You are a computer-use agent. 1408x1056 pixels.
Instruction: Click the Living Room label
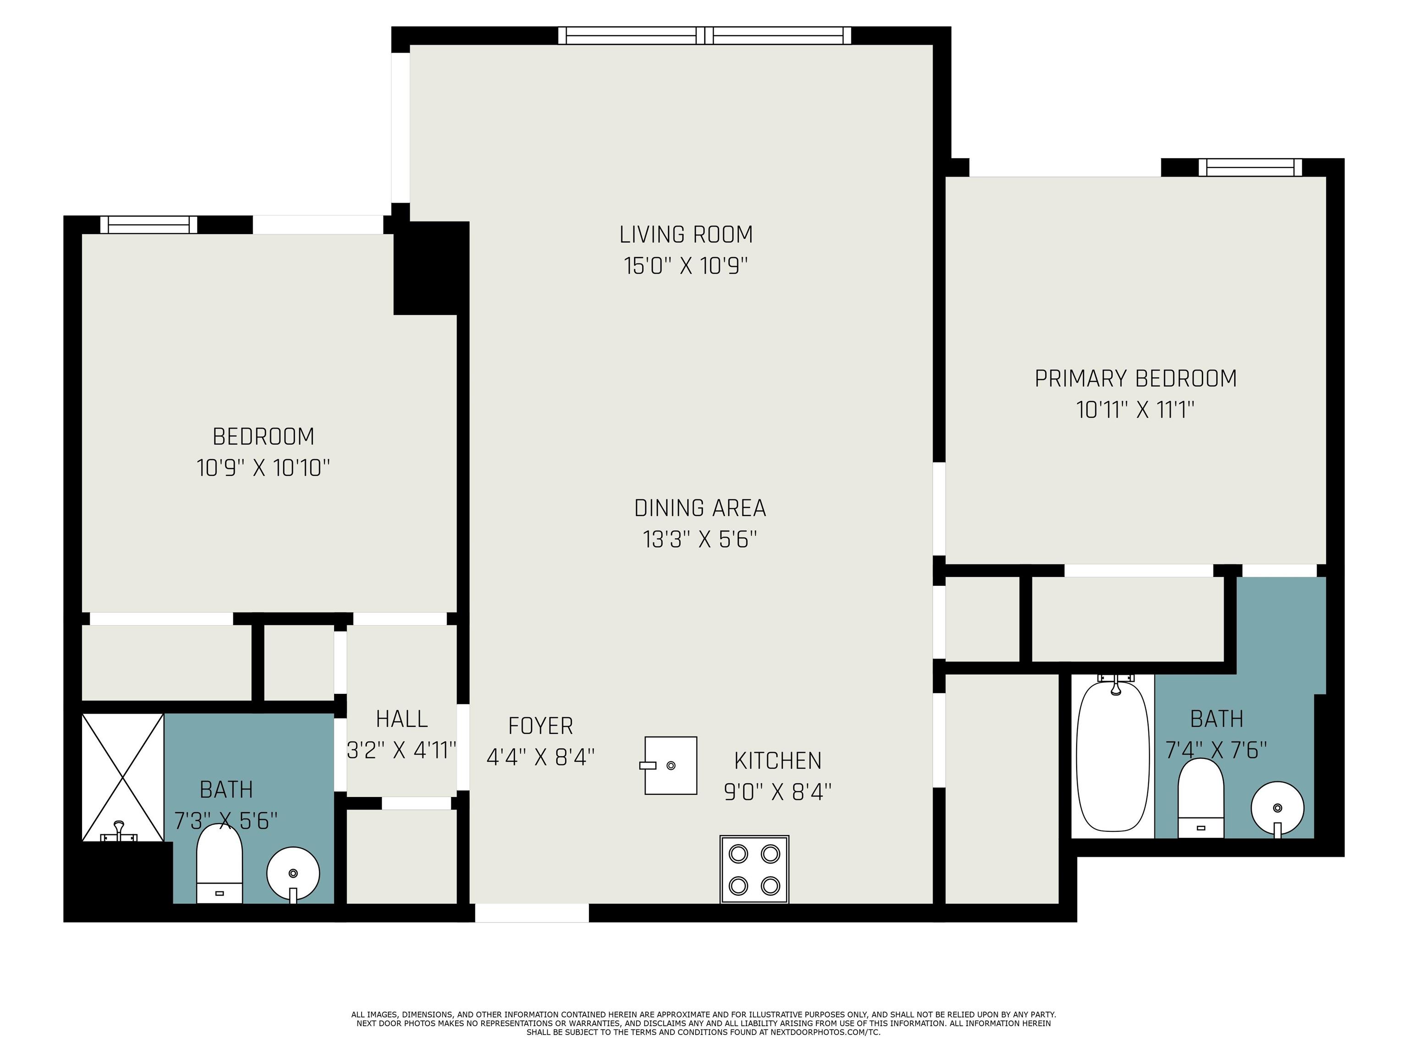(x=686, y=234)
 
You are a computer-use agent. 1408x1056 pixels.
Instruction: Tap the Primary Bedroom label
(x=1136, y=379)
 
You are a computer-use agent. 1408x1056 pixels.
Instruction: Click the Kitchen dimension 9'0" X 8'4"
(x=777, y=792)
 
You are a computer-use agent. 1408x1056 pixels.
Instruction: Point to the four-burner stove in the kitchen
(x=754, y=869)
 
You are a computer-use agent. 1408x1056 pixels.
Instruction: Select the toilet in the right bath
(x=1200, y=798)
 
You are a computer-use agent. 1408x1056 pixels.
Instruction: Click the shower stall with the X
(x=123, y=777)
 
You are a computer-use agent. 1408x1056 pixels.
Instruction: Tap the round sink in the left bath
(x=293, y=874)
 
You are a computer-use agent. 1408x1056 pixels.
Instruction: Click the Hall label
(x=401, y=719)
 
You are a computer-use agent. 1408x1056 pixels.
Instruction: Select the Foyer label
(x=540, y=726)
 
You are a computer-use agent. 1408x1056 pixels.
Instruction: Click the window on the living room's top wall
(x=704, y=36)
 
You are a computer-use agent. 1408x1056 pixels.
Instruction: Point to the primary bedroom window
(x=1250, y=167)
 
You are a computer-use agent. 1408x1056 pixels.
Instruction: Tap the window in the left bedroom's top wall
(x=149, y=225)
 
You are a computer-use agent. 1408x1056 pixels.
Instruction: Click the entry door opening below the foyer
(x=532, y=913)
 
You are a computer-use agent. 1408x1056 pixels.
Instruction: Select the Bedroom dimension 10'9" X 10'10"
(x=264, y=468)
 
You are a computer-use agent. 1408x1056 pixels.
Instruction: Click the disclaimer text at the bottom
(x=704, y=1023)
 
